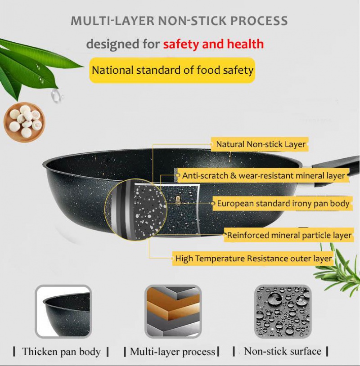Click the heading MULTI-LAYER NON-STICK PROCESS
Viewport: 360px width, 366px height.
(179, 21)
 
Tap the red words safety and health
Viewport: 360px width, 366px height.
(213, 44)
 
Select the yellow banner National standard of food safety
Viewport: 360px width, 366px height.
(172, 70)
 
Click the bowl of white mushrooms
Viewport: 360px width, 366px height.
(25, 122)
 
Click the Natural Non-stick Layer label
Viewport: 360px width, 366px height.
(260, 144)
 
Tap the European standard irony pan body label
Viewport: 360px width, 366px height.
(282, 203)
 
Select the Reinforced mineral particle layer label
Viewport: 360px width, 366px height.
(288, 235)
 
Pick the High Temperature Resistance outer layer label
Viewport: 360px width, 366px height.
(253, 259)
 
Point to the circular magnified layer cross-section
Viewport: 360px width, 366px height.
(135, 210)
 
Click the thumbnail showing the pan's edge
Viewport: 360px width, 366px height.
(63, 312)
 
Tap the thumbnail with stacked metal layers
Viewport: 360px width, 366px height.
(173, 312)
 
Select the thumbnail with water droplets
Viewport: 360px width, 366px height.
(283, 312)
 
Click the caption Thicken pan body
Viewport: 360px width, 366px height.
(61, 352)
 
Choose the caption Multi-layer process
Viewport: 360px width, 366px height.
(172, 352)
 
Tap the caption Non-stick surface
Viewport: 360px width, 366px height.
(283, 351)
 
